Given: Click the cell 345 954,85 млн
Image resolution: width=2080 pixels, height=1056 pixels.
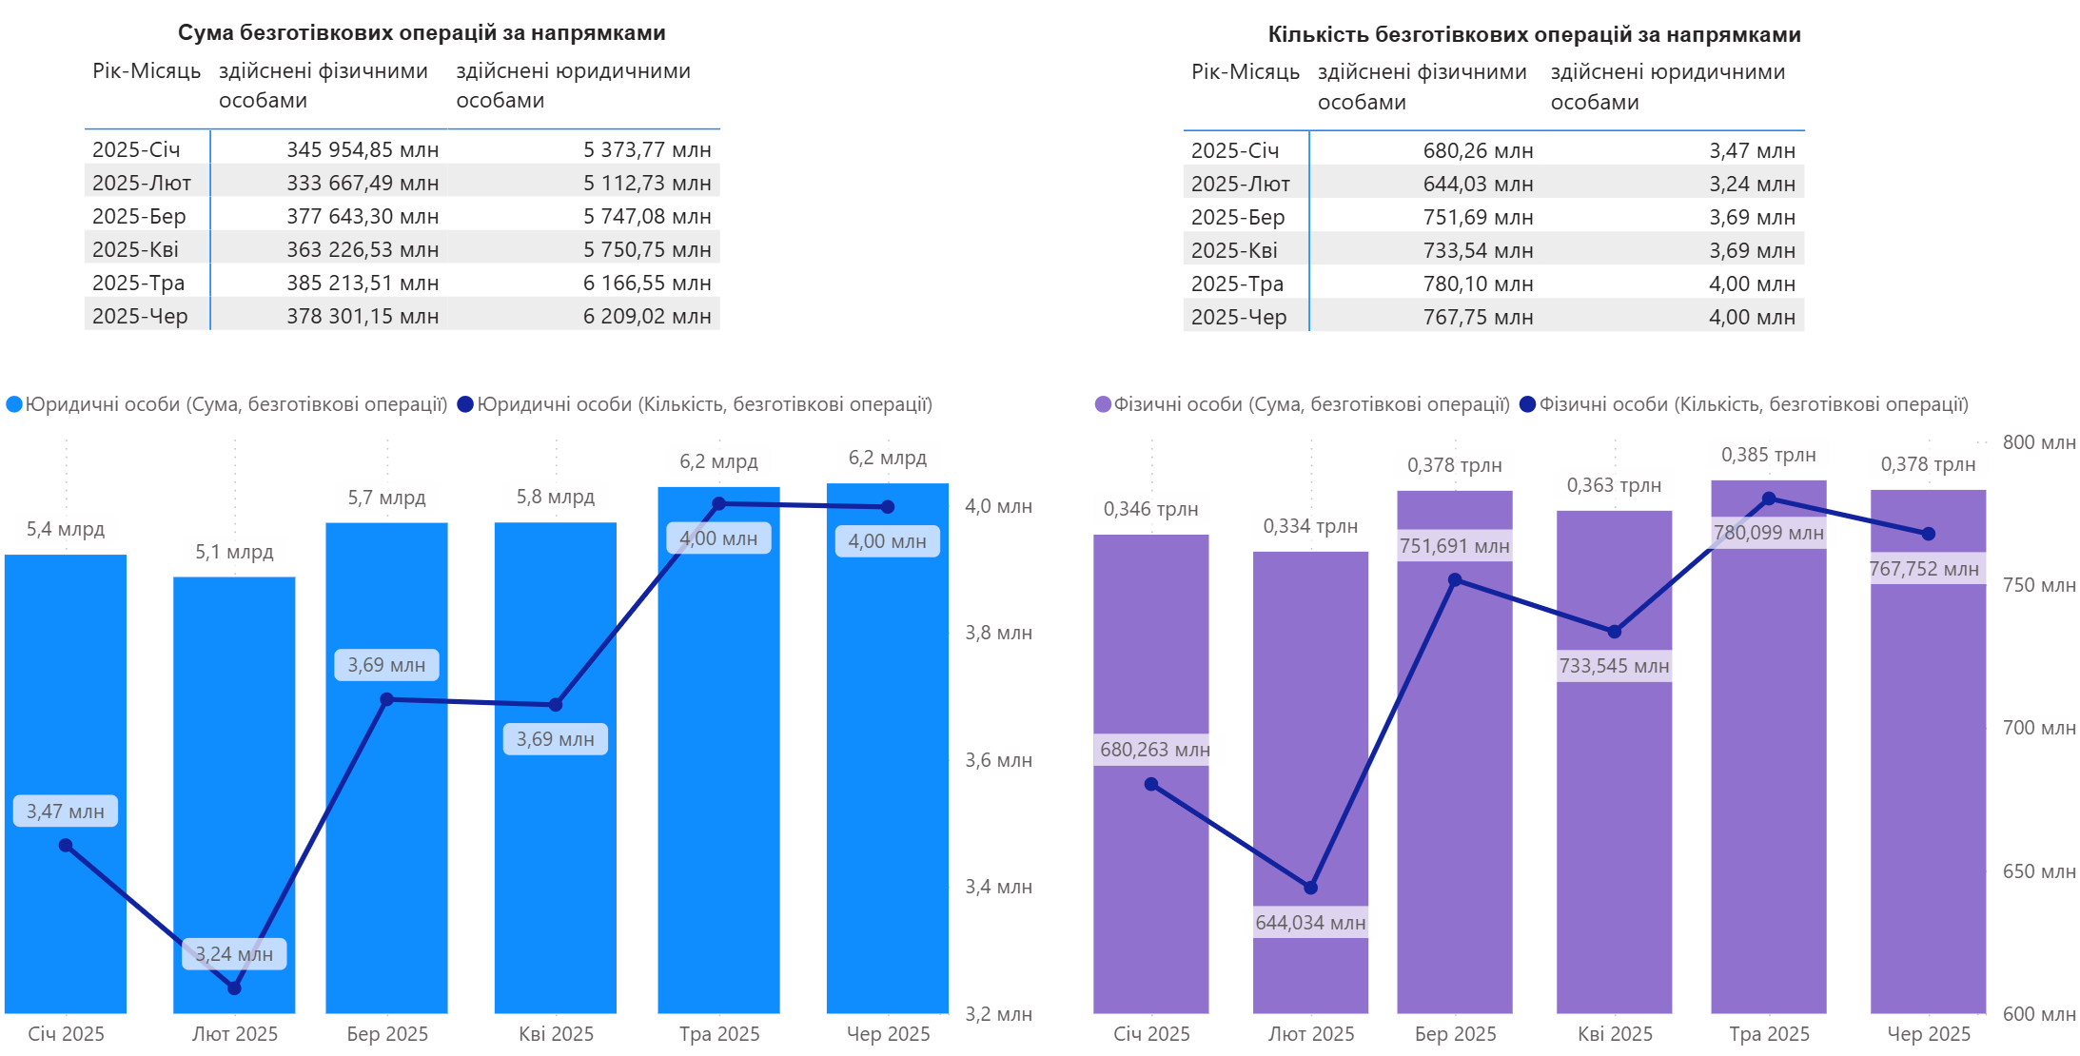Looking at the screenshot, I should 363,149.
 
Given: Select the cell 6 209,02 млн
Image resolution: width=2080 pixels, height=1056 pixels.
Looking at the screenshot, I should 647,316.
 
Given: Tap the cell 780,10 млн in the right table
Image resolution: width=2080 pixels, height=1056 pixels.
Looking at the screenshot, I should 1478,284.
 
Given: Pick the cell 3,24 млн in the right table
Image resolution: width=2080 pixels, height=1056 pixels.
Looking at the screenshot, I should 1752,184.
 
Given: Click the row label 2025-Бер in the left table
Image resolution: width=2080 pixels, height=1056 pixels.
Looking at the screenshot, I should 139,216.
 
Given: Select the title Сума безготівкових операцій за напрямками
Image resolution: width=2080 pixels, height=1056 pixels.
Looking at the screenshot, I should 422,32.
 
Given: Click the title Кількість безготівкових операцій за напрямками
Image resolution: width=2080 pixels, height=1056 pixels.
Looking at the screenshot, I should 1534,34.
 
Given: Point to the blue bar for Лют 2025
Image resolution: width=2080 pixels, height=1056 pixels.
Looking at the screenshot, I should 234,761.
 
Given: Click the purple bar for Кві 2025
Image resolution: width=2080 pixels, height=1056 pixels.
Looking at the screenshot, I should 1614,809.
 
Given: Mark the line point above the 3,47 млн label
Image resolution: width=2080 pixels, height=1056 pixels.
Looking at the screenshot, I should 66,845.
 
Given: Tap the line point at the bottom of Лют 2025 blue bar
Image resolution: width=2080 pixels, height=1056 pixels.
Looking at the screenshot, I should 235,988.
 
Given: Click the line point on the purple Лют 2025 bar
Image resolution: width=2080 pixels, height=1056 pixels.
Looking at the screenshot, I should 1310,888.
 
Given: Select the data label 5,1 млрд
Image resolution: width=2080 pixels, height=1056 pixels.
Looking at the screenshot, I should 234,552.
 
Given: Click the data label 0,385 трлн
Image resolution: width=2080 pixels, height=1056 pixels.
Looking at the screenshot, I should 1768,455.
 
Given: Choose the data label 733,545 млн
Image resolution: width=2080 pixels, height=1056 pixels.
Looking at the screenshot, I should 1614,666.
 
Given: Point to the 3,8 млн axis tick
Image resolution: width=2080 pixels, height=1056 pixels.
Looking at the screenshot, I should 998,633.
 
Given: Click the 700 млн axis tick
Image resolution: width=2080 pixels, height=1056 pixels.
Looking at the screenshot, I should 2038,728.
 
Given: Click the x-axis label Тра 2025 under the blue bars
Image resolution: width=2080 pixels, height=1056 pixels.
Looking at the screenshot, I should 719,1034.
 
